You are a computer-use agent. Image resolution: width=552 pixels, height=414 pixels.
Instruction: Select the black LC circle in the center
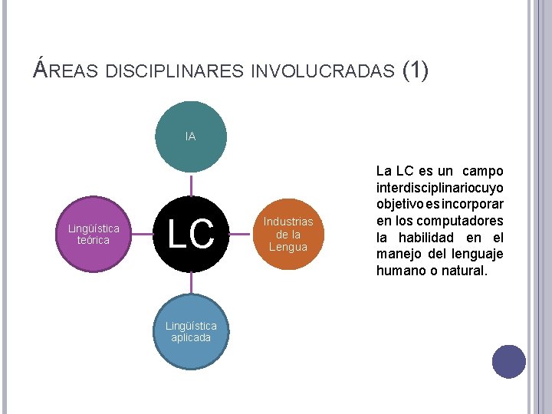point(191,233)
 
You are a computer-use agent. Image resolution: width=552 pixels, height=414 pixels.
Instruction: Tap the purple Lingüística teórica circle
point(94,234)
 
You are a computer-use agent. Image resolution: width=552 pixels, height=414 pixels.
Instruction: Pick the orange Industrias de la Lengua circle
point(287,234)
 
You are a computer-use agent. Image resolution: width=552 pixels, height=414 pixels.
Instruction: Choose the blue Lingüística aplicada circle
point(191,332)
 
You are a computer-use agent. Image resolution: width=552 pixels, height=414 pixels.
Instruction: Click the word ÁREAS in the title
point(67,71)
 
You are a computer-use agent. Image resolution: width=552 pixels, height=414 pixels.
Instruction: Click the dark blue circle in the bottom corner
point(508,361)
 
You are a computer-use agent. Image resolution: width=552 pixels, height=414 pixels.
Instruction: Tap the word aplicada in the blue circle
point(191,338)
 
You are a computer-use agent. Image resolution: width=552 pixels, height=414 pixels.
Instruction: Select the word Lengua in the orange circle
point(287,247)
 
